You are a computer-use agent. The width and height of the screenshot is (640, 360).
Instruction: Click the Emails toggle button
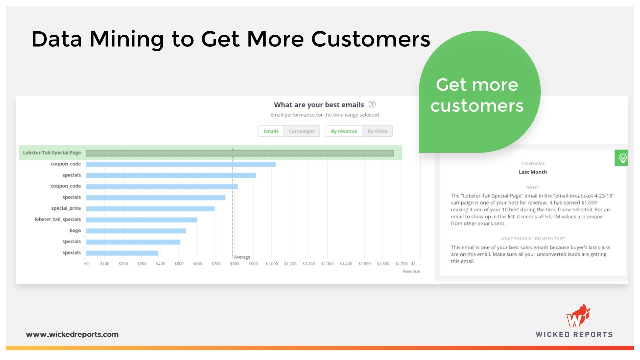point(271,131)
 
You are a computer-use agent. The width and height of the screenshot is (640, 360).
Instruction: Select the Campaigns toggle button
point(301,131)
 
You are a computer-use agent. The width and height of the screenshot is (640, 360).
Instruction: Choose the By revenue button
point(344,131)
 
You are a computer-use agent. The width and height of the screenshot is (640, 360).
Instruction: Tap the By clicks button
point(377,131)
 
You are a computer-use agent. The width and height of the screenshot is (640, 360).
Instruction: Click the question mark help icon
point(372,104)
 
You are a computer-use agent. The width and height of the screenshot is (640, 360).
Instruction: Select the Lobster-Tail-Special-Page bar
point(240,153)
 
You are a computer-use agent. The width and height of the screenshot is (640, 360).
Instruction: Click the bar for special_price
point(150,209)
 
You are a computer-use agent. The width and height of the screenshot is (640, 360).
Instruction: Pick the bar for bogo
point(136,231)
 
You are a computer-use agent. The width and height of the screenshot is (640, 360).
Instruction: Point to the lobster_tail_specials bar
point(141,220)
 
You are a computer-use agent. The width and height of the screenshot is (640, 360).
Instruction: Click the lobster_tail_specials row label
point(58,219)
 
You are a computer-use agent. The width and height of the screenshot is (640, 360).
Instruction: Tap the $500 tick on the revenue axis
point(179,264)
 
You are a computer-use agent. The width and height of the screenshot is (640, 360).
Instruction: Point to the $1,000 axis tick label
point(271,264)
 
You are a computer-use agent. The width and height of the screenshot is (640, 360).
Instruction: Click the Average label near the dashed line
point(242,257)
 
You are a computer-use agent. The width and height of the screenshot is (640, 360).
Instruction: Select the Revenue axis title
point(411,271)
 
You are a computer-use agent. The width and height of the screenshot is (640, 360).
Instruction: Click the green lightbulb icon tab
point(622,158)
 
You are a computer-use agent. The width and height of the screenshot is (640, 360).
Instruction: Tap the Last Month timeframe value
point(533,172)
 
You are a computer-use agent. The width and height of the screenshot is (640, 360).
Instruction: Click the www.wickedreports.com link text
point(72,334)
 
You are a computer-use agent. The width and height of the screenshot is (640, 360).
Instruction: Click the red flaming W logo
point(578,316)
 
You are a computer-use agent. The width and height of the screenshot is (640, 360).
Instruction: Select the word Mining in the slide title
point(127,40)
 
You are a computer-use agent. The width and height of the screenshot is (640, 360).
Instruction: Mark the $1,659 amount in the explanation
point(589,203)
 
